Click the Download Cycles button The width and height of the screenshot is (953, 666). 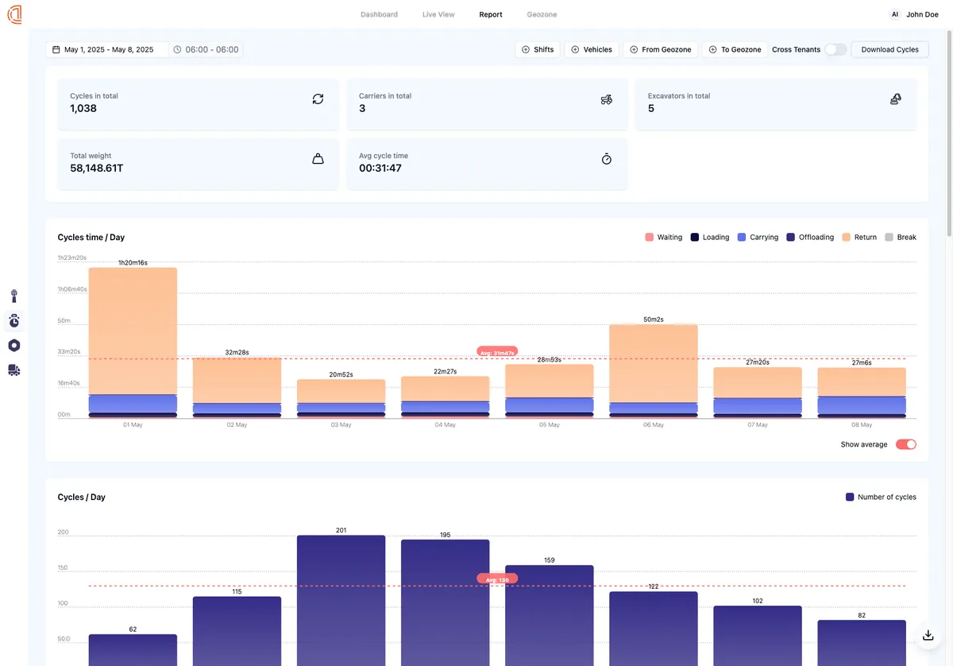point(889,49)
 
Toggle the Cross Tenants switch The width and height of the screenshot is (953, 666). point(835,49)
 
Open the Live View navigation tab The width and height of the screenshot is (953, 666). point(438,14)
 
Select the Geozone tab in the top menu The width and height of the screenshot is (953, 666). point(542,14)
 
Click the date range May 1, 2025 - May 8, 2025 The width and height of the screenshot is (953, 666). point(108,49)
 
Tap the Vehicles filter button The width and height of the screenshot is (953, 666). point(591,49)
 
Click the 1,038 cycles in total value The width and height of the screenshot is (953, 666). point(83,108)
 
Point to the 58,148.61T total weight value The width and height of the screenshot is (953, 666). point(96,168)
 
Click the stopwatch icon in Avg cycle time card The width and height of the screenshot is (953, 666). point(607,159)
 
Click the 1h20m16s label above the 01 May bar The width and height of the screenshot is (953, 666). point(133,262)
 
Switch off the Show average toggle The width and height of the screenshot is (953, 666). point(905,444)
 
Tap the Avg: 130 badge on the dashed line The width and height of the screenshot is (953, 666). point(497,579)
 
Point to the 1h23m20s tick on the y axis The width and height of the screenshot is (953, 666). point(71,258)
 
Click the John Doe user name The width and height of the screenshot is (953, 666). point(921,14)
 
